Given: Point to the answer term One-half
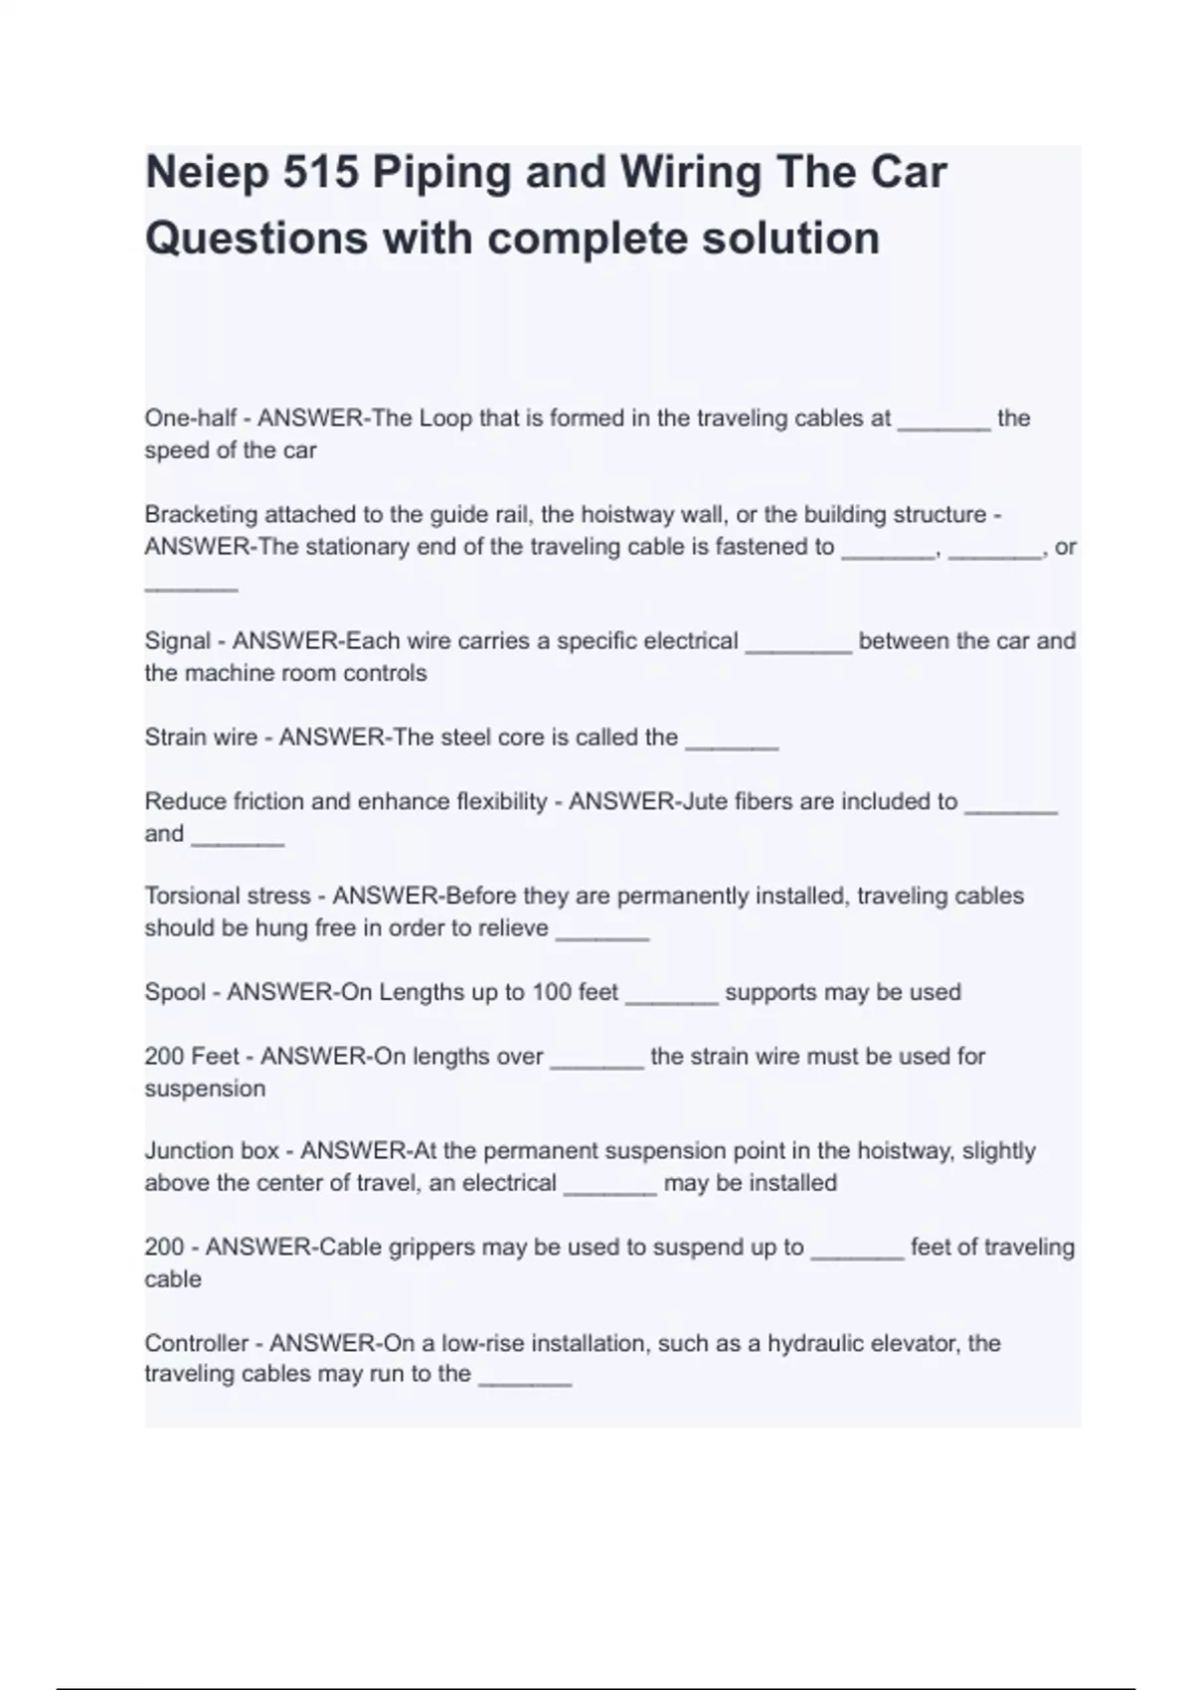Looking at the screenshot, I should click(190, 419).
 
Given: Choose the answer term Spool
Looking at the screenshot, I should click(174, 993).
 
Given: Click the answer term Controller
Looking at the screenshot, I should click(196, 1343).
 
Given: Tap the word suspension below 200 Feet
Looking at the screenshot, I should click(205, 1089).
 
